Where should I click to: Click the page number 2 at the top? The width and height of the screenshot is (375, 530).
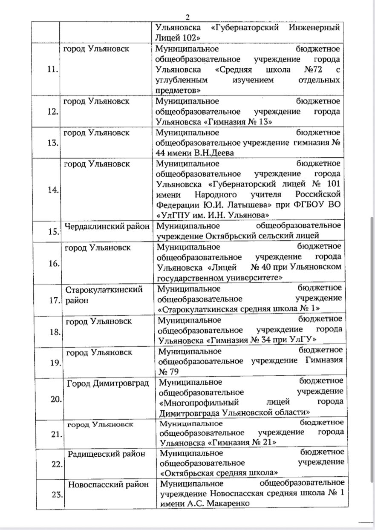pyautogui.click(x=187, y=17)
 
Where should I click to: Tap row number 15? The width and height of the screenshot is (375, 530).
pyautogui.click(x=54, y=232)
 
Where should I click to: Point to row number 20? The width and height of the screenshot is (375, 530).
pyautogui.click(x=56, y=399)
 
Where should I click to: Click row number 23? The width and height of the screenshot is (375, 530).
pyautogui.click(x=57, y=494)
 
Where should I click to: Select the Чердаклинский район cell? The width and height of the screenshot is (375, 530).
pyautogui.click(x=107, y=226)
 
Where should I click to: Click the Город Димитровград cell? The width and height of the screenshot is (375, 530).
pyautogui.click(x=108, y=383)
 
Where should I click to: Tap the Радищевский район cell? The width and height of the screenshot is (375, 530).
pyautogui.click(x=107, y=454)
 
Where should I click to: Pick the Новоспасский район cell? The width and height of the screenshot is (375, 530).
pyautogui.click(x=108, y=484)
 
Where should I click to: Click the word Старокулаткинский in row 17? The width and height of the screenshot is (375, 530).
pyautogui.click(x=104, y=290)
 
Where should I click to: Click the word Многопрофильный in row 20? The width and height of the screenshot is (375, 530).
pyautogui.click(x=198, y=402)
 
